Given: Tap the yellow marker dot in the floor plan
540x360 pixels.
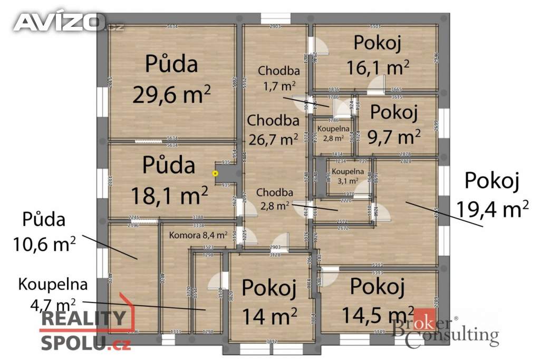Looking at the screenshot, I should tap(215, 172).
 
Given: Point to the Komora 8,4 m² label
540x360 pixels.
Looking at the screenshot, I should tap(198, 235).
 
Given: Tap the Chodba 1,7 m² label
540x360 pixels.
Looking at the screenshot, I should tap(279, 77).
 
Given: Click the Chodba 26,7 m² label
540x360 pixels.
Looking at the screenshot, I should tap(273, 130).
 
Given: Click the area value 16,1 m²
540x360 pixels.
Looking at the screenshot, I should tap(378, 67).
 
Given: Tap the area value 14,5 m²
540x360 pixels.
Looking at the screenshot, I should tap(377, 315).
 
